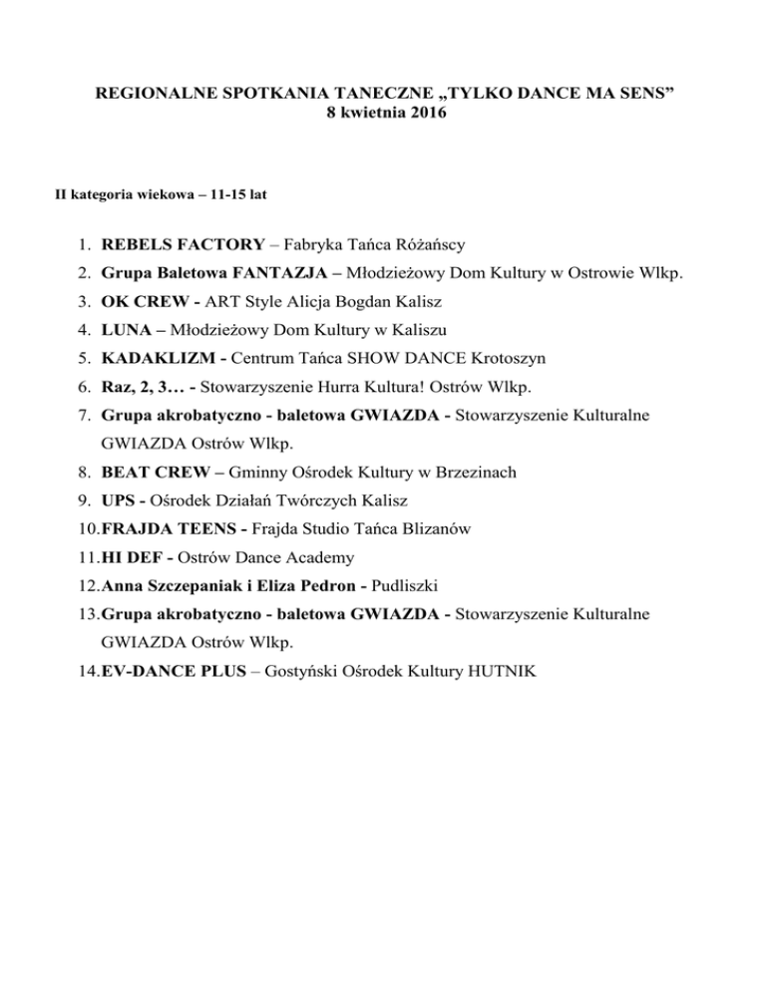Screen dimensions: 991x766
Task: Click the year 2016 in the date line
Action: click(x=429, y=113)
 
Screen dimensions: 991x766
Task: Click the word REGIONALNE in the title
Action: click(x=158, y=93)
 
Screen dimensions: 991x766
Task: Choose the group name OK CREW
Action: click(x=142, y=300)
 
